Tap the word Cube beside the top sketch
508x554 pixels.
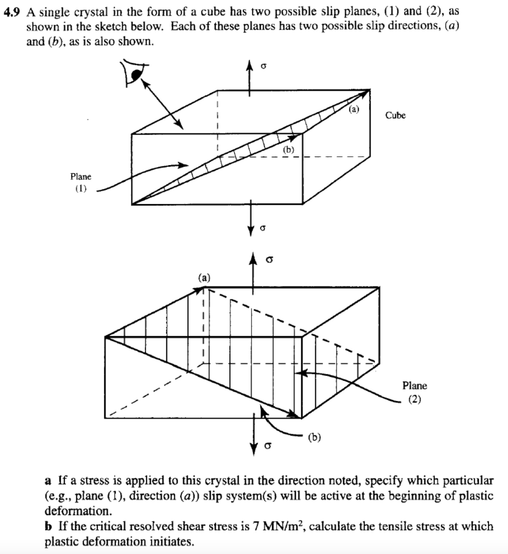[x=395, y=115]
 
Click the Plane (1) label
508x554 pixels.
[x=81, y=182]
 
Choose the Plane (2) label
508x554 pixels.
[x=414, y=392]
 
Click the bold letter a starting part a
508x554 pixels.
[x=48, y=480]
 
